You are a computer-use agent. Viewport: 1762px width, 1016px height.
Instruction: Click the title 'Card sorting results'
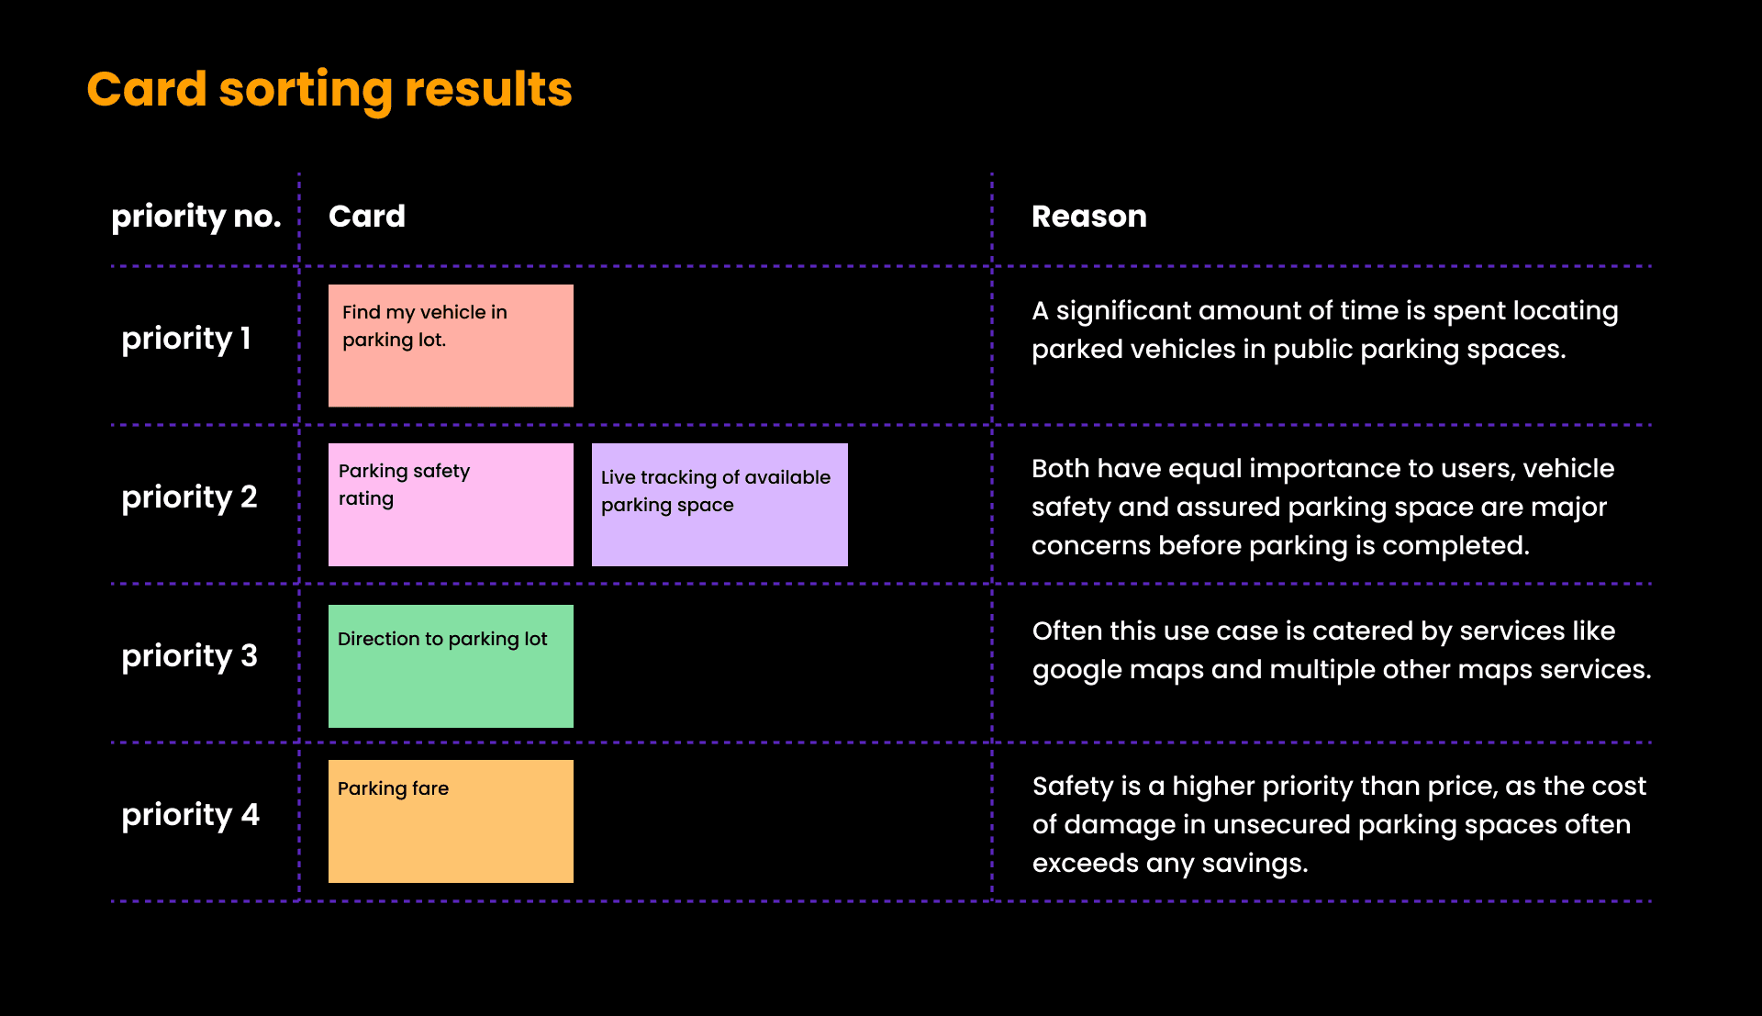(x=329, y=90)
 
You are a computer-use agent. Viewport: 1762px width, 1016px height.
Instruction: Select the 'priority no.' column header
(x=196, y=218)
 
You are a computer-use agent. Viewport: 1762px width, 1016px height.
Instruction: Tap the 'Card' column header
(x=367, y=217)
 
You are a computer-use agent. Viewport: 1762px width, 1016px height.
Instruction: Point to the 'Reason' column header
(x=1089, y=217)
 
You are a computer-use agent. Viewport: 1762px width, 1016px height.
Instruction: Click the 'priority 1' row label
(x=186, y=339)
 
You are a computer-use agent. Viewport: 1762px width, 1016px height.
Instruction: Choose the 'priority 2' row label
(x=190, y=497)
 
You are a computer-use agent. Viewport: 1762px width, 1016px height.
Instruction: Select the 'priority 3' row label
(x=190, y=656)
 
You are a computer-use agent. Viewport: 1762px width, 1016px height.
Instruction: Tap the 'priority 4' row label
(x=191, y=815)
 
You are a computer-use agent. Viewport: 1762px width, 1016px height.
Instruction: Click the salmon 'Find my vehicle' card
(x=451, y=346)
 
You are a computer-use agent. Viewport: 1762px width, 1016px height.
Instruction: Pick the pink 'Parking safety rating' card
(x=451, y=505)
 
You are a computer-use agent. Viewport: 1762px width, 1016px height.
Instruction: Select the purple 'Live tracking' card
(x=719, y=505)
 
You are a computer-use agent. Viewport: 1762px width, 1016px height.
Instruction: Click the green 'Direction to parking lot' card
(x=451, y=666)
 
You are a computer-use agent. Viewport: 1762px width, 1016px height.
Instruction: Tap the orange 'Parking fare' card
(x=451, y=821)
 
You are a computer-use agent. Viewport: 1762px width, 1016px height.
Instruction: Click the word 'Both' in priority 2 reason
(x=1060, y=469)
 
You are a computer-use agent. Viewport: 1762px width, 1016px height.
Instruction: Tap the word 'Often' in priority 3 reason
(x=1066, y=631)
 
